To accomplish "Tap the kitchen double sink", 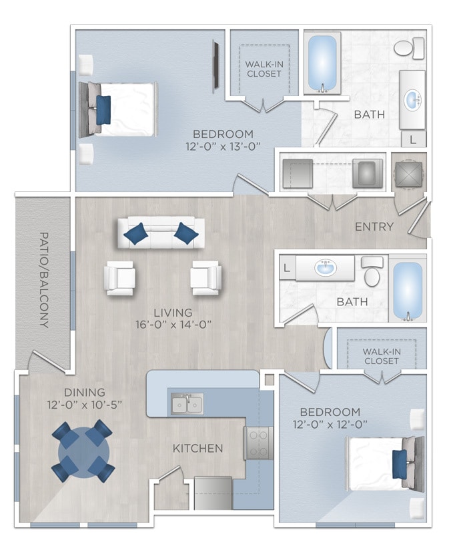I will coord(187,403).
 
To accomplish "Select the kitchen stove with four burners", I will coord(259,443).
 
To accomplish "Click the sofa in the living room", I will coord(161,233).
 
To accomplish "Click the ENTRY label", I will coord(374,227).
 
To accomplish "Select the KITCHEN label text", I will coord(197,448).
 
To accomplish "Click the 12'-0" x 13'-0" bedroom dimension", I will coord(223,146).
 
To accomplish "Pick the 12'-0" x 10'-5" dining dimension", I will coord(84,405).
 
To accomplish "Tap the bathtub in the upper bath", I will coord(322,63).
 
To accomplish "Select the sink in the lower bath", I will coord(324,269).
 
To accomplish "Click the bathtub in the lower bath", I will coord(407,291).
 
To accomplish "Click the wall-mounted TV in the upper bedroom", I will coord(216,65).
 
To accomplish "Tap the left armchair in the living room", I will coord(120,278).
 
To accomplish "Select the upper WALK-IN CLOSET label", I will coord(264,69).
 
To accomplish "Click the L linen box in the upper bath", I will coord(414,139).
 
